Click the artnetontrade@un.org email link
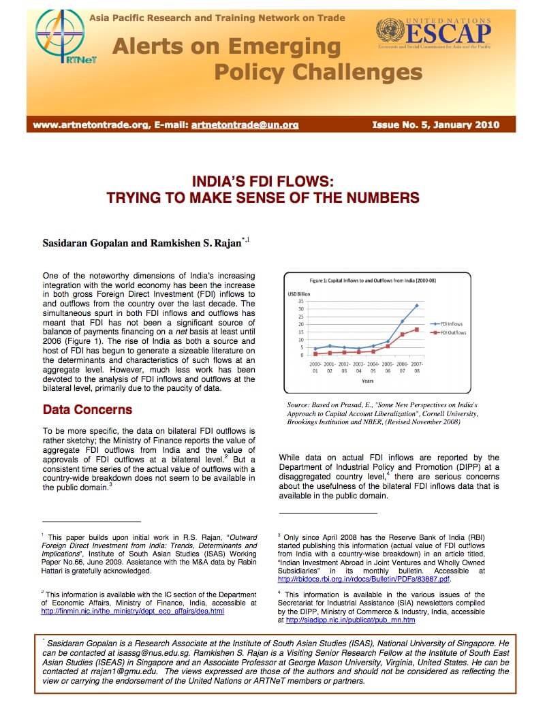[x=245, y=125]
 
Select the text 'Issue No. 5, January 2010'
[x=436, y=125]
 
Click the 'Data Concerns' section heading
[x=87, y=410]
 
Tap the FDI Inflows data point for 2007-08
[x=416, y=306]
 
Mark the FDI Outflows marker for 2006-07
[x=402, y=334]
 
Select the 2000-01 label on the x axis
[x=315, y=368]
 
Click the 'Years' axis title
[x=367, y=381]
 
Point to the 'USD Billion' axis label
[x=300, y=293]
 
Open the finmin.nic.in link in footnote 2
[x=133, y=611]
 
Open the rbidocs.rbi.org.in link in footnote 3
[x=364, y=579]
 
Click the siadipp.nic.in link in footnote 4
[x=351, y=620]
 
